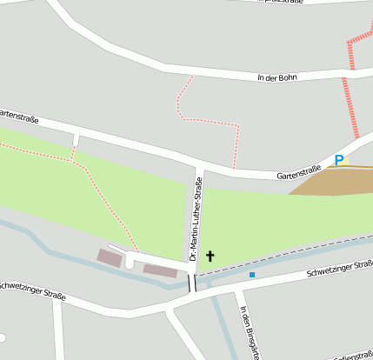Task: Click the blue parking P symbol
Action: pos(339,160)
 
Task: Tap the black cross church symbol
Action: pos(210,257)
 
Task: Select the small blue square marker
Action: pos(252,275)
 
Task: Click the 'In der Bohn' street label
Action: pos(277,78)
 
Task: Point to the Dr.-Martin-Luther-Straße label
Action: pos(197,219)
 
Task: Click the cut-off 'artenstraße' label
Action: pos(18,115)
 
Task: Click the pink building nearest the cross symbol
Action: pos(160,271)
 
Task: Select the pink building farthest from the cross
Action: pos(110,257)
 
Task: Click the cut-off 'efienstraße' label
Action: pos(350,355)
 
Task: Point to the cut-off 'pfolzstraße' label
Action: pos(280,3)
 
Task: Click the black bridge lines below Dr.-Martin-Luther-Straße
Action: pos(192,283)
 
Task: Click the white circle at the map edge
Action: pos(3,337)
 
